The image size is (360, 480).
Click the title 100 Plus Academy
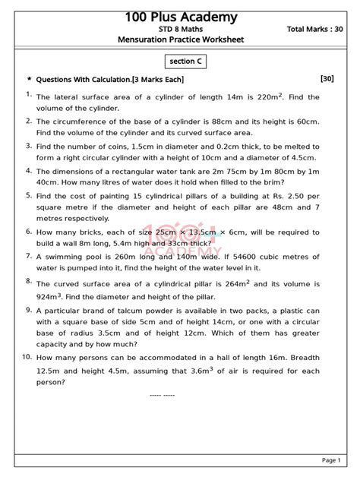pos(181,17)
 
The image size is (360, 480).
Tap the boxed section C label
pos(181,61)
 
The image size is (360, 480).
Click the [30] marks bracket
pos(327,78)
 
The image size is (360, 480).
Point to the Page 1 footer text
pos(331,460)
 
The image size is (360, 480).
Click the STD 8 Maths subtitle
pos(181,29)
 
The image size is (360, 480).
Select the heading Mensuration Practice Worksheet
pos(181,39)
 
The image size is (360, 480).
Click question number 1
pos(28,94)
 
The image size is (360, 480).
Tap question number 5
pos(28,195)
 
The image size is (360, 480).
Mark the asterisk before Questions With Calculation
pos(29,79)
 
